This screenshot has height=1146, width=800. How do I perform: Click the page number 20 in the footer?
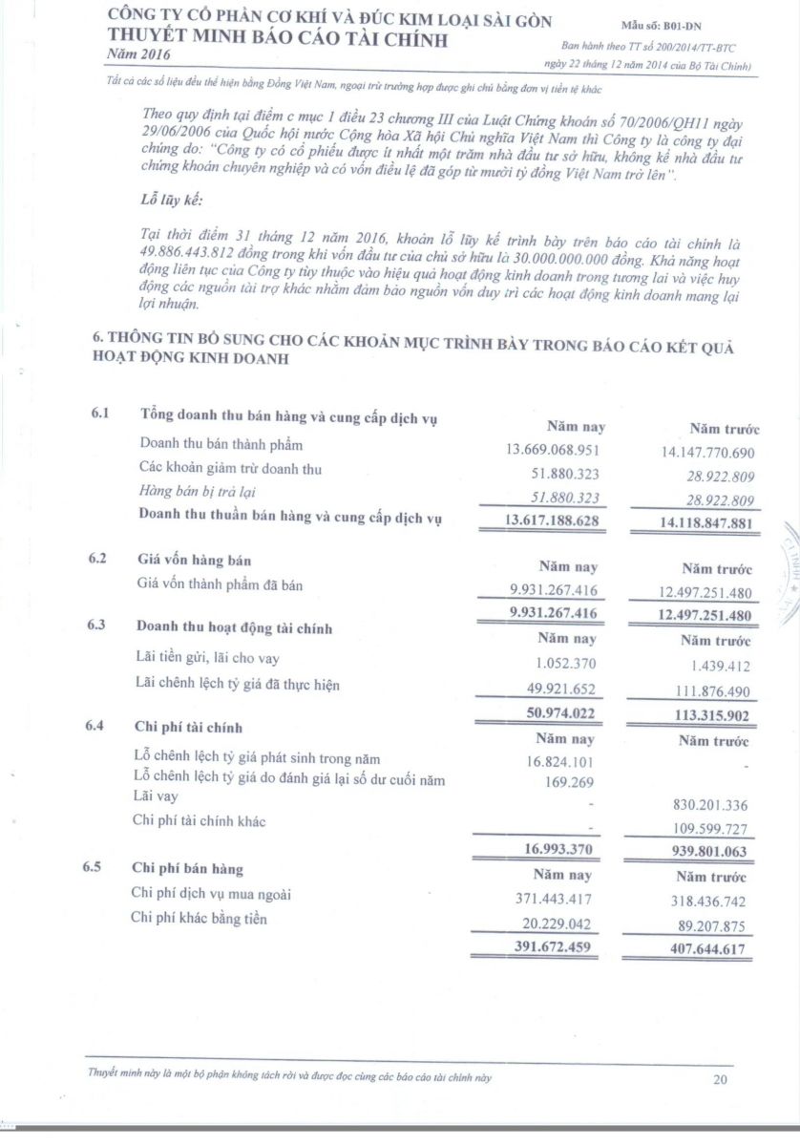pyautogui.click(x=720, y=1080)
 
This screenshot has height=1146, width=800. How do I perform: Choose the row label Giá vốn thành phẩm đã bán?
pyautogui.click(x=221, y=585)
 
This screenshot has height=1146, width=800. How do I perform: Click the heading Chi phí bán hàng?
pyautogui.click(x=187, y=869)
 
